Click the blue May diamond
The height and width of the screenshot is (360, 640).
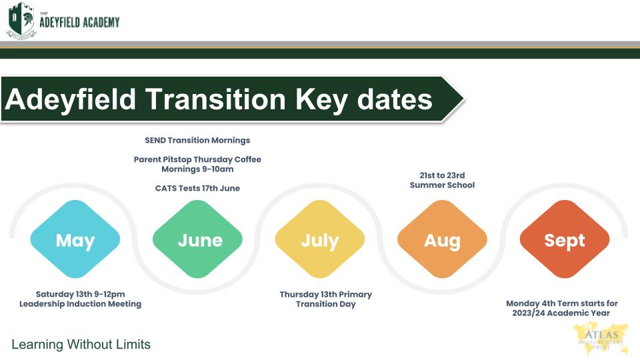[75, 239]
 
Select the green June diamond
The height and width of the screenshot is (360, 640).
[197, 239]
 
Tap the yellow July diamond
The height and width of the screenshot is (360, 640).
[320, 239]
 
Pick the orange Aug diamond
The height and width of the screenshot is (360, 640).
[443, 239]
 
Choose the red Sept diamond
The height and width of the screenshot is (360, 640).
[565, 239]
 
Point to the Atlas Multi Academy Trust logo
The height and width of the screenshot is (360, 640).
[601, 339]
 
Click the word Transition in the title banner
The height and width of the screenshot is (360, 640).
[215, 99]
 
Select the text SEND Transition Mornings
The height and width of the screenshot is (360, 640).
[197, 141]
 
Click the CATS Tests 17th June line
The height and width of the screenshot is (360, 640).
[197, 188]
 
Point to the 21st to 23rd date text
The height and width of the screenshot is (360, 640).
[442, 175]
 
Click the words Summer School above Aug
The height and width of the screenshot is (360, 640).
[442, 185]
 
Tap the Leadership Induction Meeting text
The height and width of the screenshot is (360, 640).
[81, 304]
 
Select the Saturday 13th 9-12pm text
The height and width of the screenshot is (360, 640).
[81, 294]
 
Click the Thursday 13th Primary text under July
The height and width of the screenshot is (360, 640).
[326, 294]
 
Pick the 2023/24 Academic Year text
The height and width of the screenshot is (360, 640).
[561, 313]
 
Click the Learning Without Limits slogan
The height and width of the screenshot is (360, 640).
[81, 345]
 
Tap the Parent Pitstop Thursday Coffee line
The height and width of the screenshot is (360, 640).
[197, 159]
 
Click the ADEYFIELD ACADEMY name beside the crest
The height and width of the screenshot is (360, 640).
[79, 22]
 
